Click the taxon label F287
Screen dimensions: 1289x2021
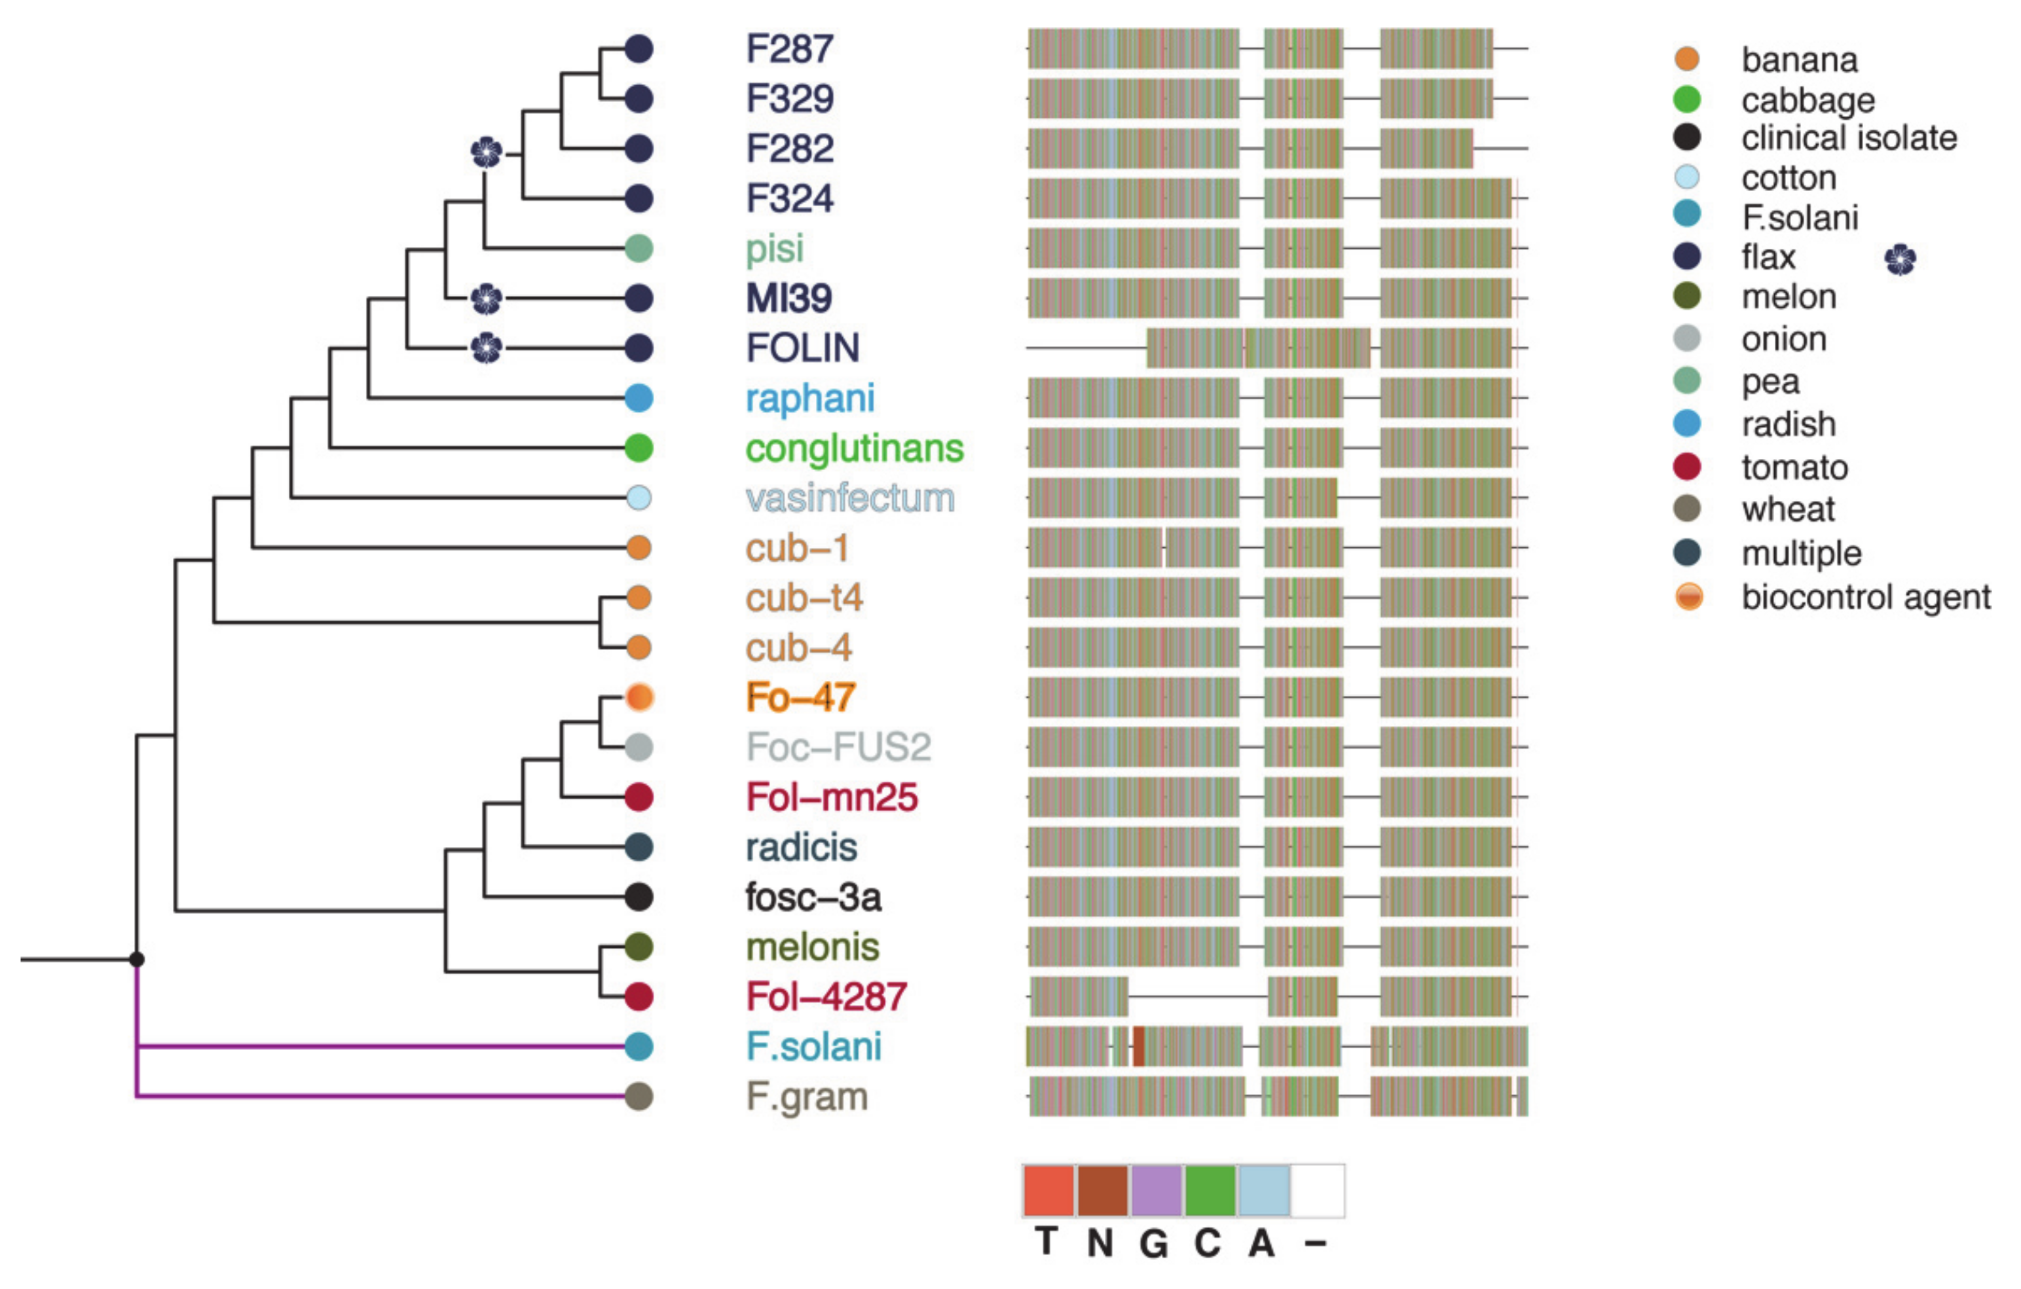(789, 48)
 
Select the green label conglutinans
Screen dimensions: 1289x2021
(853, 448)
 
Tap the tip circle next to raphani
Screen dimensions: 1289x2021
(639, 398)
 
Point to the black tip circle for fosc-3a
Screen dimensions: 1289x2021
(639, 896)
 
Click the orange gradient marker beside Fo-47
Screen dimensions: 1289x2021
(639, 697)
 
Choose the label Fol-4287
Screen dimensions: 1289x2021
(826, 997)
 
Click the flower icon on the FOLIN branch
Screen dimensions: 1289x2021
(487, 348)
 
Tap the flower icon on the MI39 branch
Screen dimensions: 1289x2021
(487, 298)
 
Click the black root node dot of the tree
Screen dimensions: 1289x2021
(137, 958)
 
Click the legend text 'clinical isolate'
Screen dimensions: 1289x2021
(1848, 137)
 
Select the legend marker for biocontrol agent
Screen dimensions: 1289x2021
(1689, 596)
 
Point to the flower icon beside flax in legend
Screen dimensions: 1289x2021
(1900, 259)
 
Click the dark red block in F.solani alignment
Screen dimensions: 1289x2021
(1139, 1047)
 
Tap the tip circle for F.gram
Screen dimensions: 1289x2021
(639, 1096)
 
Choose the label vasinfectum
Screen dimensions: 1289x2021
(849, 498)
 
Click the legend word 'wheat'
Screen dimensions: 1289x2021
(1788, 509)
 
